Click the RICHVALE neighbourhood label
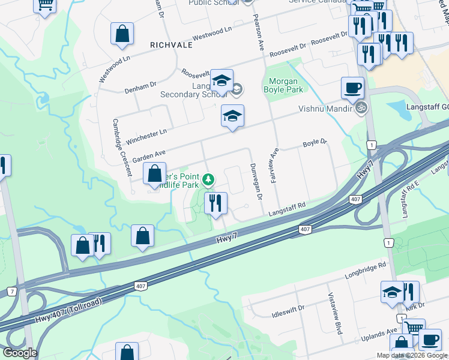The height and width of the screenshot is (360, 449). coord(171,45)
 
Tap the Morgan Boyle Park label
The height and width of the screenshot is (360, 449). coord(284,85)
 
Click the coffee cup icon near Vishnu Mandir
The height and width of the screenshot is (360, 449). coord(352,88)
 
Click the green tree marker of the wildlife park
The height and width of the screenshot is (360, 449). coord(208,179)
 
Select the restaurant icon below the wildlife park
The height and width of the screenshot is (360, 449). coord(215,203)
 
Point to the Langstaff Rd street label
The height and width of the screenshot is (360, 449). coord(287,208)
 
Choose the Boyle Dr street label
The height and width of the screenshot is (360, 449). coord(315,143)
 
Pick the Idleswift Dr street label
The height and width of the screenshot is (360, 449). coord(288,308)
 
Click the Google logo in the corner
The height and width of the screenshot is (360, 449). coord(20,353)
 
